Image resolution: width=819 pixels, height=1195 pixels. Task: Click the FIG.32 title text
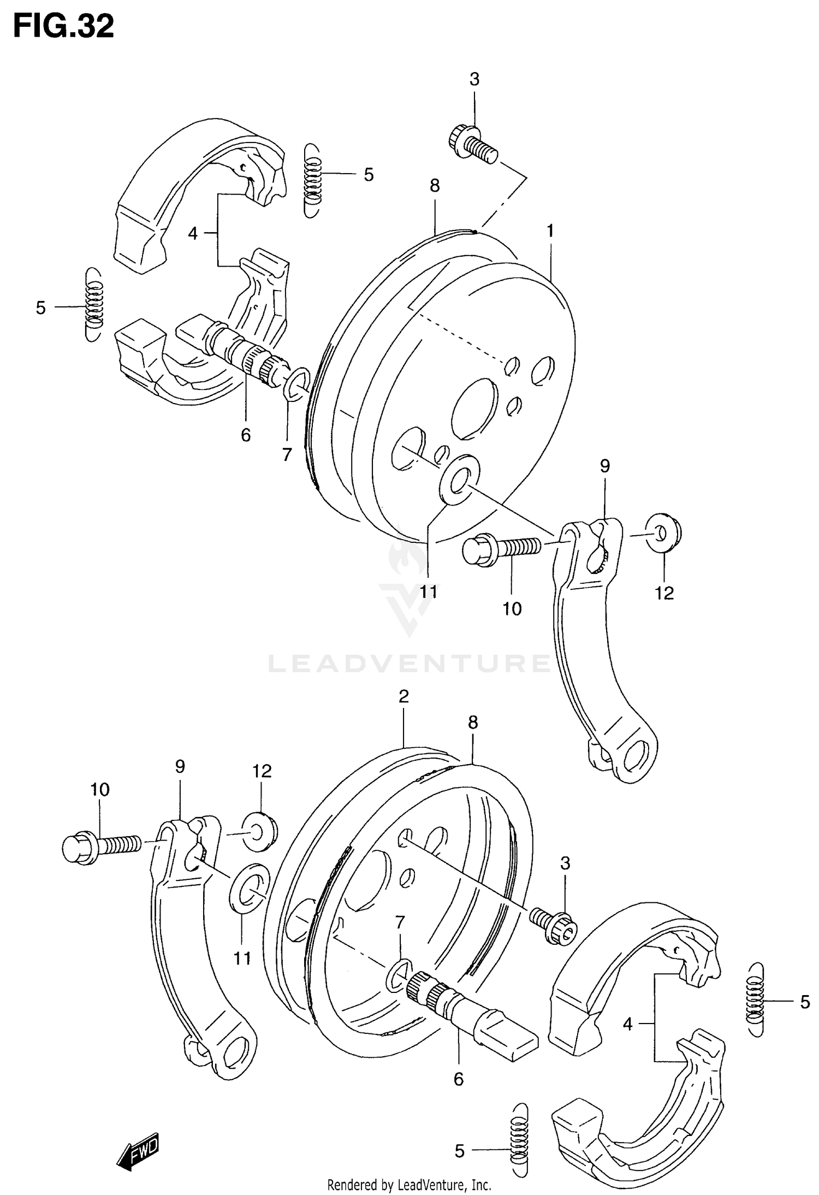(x=63, y=26)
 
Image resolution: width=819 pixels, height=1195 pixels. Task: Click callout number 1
(x=550, y=231)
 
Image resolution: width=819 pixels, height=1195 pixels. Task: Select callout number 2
(x=403, y=696)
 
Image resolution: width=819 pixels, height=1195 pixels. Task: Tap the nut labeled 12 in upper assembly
(x=664, y=530)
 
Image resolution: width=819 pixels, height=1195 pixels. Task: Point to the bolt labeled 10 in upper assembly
(x=500, y=548)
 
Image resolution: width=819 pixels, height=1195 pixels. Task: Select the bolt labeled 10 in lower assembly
(x=101, y=847)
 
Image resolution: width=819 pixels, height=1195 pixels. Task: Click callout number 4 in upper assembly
(x=193, y=234)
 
